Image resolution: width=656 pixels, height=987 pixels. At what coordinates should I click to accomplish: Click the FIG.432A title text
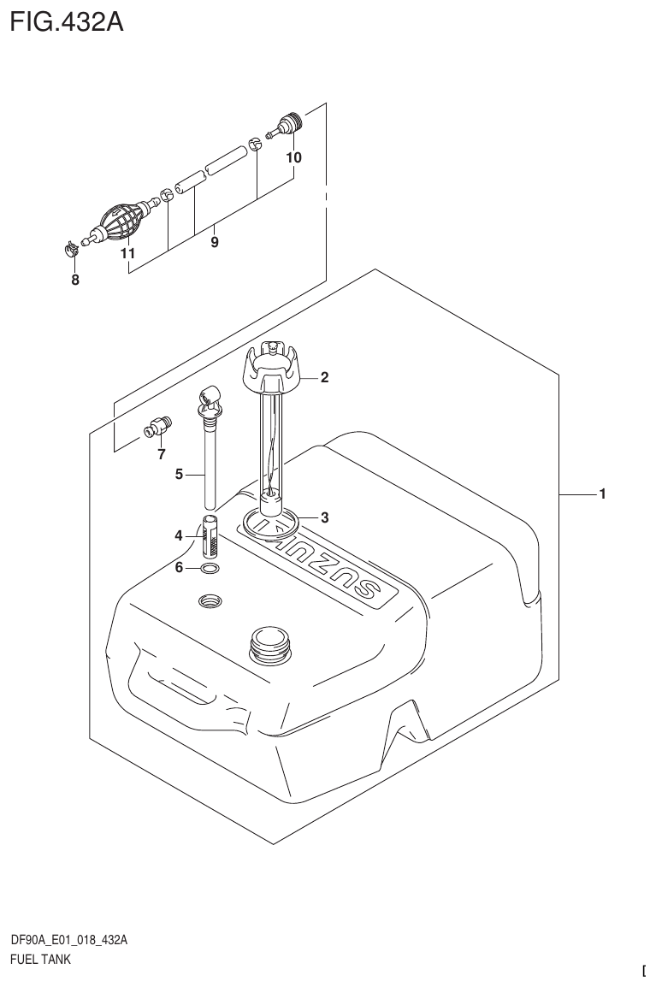point(67,21)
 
